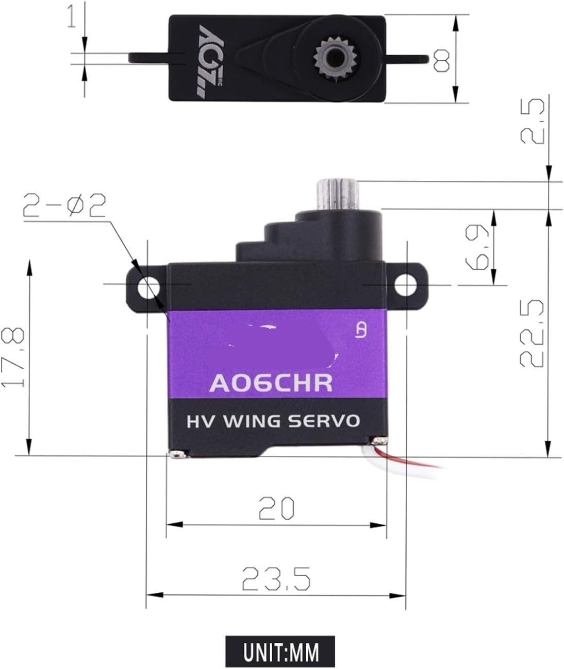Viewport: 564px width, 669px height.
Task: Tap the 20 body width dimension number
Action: pos(276,508)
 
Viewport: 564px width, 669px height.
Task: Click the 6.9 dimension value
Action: pos(476,247)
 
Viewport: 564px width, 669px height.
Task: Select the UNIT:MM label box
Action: pos(280,651)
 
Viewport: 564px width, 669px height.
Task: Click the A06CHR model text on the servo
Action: pos(271,383)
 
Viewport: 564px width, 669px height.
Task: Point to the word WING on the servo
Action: pos(252,421)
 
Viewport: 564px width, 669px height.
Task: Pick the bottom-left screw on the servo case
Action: pos(177,454)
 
